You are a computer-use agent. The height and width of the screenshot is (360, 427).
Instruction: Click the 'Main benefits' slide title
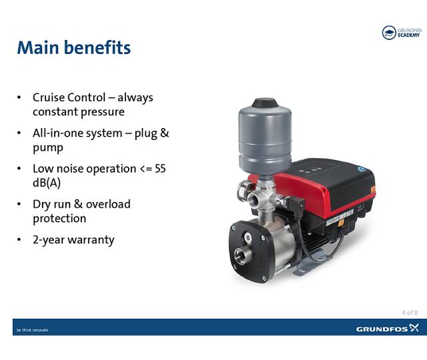(73, 48)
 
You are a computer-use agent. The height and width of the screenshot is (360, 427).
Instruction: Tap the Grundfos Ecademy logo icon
(388, 33)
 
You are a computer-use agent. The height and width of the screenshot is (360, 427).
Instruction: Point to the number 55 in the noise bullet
(160, 168)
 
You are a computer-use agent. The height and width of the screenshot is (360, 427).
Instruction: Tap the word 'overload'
(107, 204)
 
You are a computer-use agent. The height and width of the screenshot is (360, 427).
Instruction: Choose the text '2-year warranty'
(73, 239)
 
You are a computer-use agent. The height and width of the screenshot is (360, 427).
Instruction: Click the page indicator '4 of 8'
(410, 312)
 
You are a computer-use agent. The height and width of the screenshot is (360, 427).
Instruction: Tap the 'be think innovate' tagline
(32, 329)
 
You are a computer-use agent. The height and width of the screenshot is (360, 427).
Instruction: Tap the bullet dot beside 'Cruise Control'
(19, 98)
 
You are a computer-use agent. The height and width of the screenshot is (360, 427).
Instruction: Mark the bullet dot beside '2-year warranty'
(19, 240)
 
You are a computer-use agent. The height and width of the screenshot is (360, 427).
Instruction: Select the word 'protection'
(59, 219)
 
